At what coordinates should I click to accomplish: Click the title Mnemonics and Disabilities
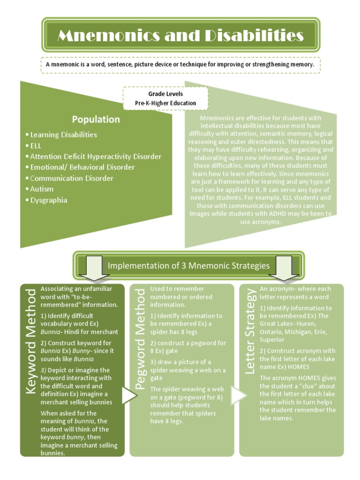pos(180,36)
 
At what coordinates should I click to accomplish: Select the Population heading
pos(96,119)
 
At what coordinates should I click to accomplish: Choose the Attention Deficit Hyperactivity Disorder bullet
pos(93,157)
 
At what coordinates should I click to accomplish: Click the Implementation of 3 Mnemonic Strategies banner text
pos(188,266)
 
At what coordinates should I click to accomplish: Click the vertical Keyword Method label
pos(30,341)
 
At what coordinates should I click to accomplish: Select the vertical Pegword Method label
pos(140,338)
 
